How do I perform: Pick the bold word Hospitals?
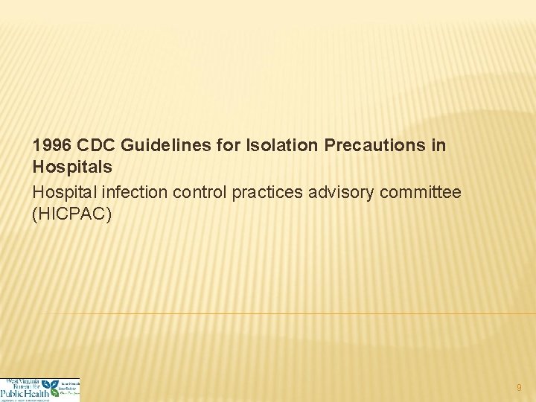click(72, 168)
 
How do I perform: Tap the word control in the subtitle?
click(197, 192)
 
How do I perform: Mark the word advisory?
click(340, 192)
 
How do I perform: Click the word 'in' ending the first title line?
click(438, 145)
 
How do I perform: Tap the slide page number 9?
click(519, 387)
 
